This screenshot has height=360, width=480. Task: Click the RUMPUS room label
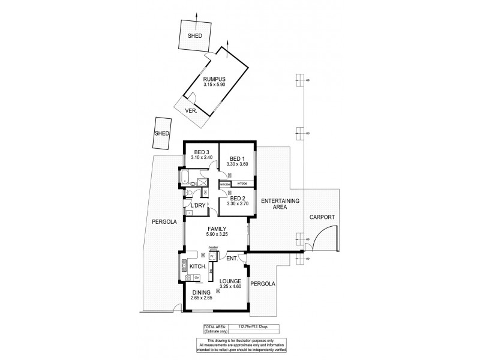tap(213, 77)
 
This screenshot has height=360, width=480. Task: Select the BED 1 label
tap(238, 158)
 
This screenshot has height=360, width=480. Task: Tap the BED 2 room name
tap(238, 198)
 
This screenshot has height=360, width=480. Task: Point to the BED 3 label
tap(200, 151)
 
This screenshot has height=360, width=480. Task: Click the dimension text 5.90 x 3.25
tap(216, 234)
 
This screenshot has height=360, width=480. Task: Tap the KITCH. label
tap(198, 266)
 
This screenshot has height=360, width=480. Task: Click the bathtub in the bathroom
tap(185, 177)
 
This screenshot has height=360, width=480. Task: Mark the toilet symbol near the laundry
tap(188, 192)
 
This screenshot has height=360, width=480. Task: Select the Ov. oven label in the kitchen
tap(196, 277)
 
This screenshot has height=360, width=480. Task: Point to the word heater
tap(212, 247)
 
